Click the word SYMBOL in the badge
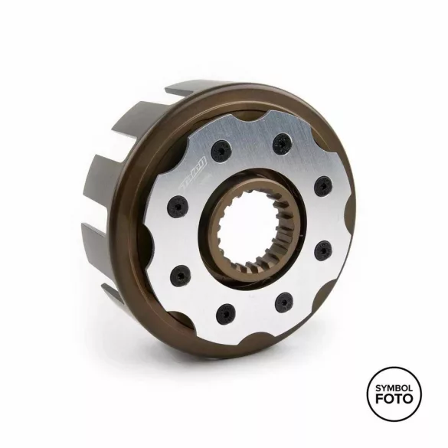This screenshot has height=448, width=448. click(394, 388)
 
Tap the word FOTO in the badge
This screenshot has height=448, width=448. click(394, 401)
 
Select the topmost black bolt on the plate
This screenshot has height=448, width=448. click(283, 141)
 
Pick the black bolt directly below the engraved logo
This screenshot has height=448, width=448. click(177, 206)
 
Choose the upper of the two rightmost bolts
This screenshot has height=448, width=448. click(323, 185)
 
